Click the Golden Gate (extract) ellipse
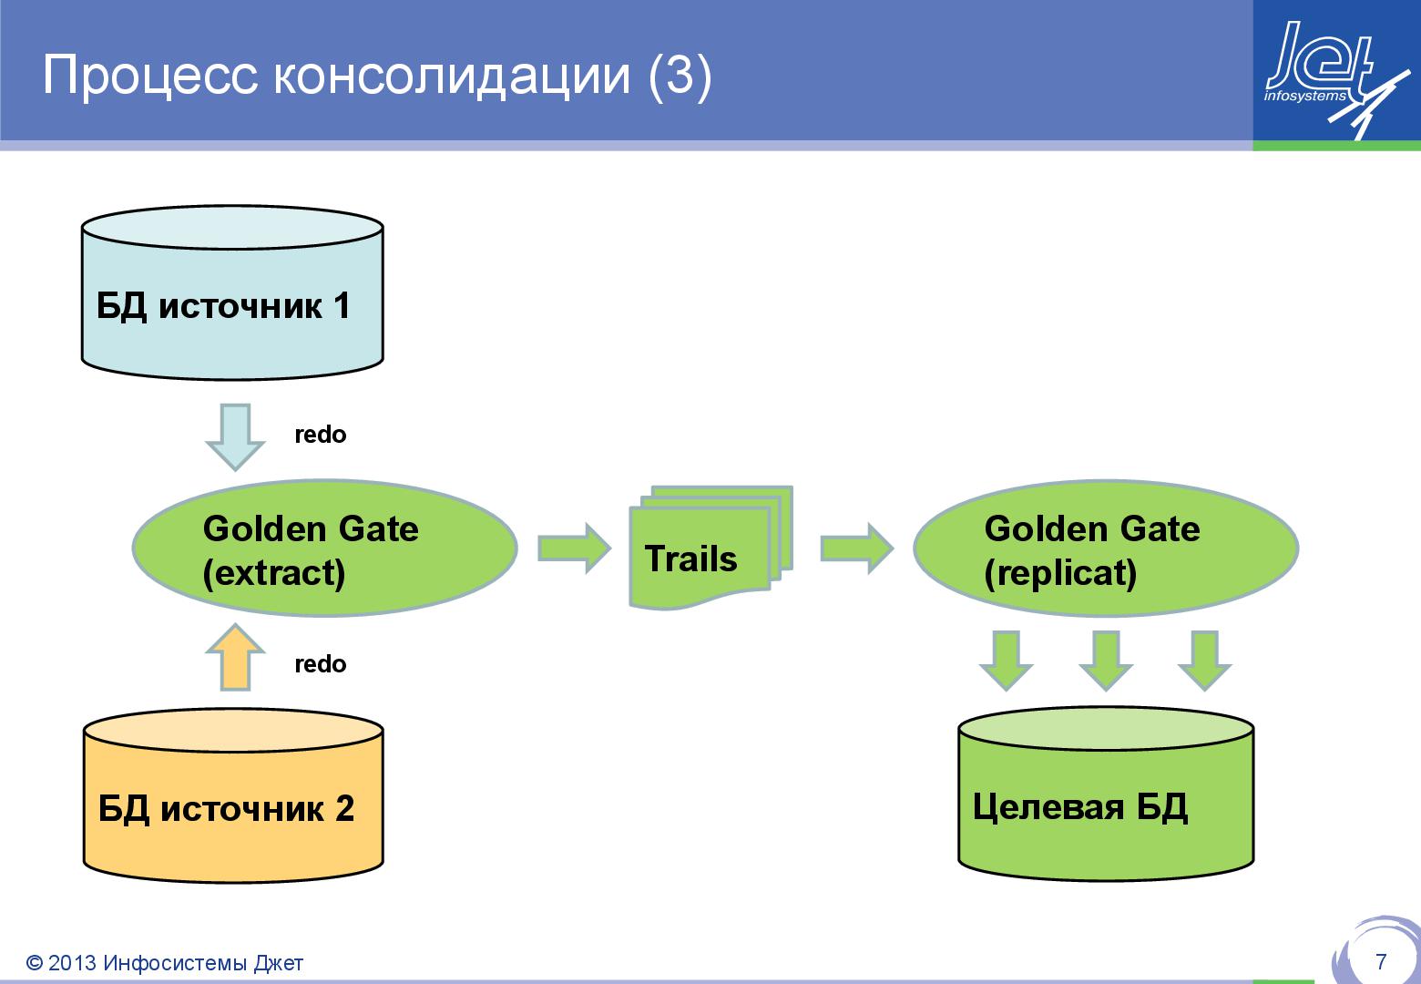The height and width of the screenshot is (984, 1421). [x=325, y=548]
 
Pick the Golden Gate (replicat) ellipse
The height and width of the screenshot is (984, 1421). [x=1106, y=548]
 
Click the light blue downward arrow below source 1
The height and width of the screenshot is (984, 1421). [x=235, y=436]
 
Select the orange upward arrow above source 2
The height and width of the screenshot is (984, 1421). [x=235, y=658]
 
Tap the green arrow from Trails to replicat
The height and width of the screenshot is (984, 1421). [x=856, y=548]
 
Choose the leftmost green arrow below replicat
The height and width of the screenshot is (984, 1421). [x=1006, y=660]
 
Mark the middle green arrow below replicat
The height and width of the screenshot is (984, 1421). [x=1105, y=660]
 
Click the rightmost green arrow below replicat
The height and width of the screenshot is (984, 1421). [x=1204, y=660]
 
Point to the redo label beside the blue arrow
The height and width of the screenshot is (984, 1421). [x=321, y=435]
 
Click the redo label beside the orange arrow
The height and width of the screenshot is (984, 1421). [x=321, y=664]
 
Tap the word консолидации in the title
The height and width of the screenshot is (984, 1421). [x=451, y=77]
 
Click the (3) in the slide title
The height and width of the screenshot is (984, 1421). [x=679, y=77]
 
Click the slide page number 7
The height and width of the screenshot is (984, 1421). [x=1381, y=961]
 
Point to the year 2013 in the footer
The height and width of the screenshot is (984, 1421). [x=72, y=963]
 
